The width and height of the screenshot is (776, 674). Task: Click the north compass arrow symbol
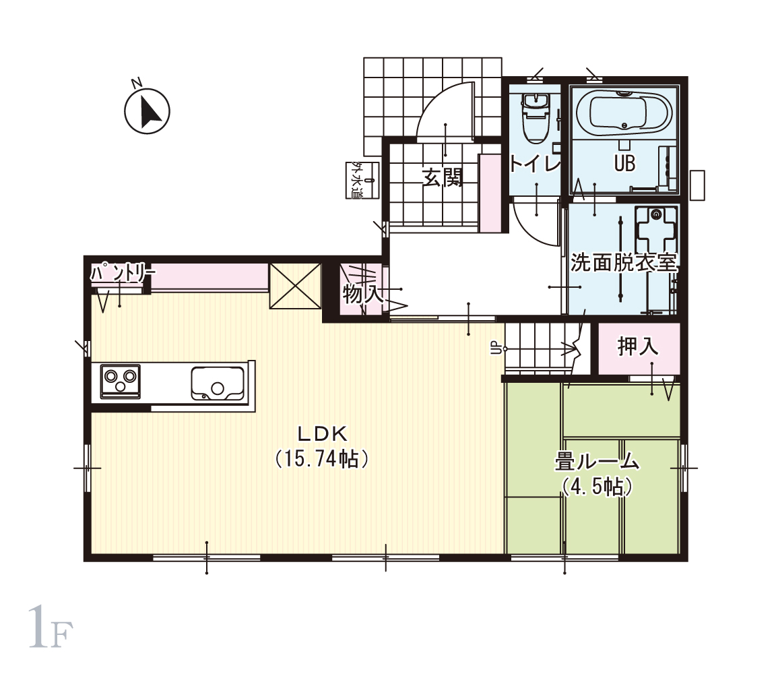147,111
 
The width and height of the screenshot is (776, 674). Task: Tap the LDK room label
322,434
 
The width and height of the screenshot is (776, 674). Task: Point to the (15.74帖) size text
322,458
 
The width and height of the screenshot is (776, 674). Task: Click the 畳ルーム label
597,462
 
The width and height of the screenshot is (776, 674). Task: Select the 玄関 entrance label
443,177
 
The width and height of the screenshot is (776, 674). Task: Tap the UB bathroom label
624,163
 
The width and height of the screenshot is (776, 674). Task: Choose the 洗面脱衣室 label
624,262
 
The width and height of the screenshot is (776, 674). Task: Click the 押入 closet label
638,346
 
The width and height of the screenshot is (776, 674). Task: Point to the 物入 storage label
363,295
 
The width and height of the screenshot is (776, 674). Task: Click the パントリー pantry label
122,273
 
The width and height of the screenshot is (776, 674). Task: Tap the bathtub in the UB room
624,113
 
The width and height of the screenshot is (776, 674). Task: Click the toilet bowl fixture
535,117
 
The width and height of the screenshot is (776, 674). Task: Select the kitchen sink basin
218,384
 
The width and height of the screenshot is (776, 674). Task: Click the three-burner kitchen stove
121,381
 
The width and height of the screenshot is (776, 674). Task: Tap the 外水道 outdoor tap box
362,180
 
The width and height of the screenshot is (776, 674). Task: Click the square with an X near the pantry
295,286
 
